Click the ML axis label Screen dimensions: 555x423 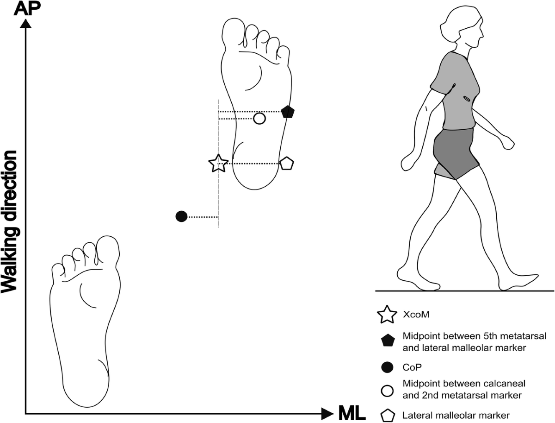coord(352,412)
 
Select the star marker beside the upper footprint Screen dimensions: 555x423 coord(218,164)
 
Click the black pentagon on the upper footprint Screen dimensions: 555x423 coord(288,112)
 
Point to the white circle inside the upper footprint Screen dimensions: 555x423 coord(259,119)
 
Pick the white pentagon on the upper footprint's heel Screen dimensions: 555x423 coord(287,164)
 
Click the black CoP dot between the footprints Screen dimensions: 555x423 coord(181,216)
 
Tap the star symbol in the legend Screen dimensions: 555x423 coord(387,315)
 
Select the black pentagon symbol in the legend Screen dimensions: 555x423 coord(387,341)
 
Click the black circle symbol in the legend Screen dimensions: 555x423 coord(387,367)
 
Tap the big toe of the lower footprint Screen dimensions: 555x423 coord(108,250)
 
